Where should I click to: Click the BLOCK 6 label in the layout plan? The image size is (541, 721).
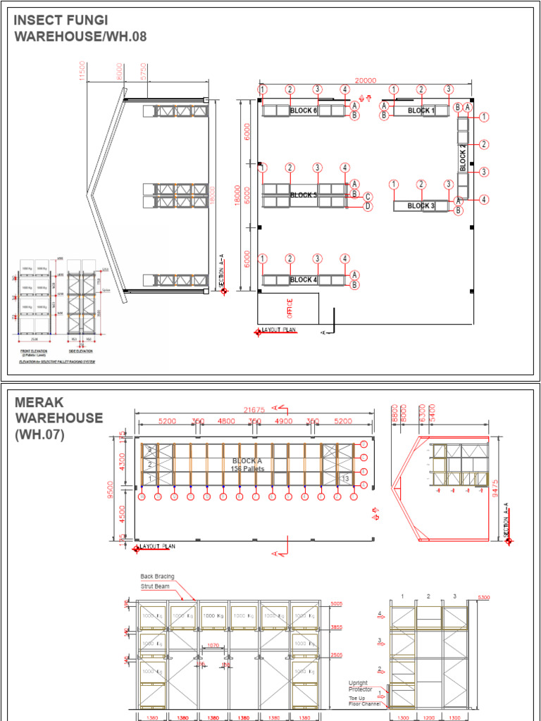click(x=304, y=111)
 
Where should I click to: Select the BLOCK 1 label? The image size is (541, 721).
click(x=421, y=111)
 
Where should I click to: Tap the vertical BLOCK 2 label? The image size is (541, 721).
click(x=463, y=158)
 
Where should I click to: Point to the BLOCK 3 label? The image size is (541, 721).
click(x=421, y=206)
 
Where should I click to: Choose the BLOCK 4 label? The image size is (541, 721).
click(x=304, y=280)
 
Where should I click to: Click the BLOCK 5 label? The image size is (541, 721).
click(x=304, y=195)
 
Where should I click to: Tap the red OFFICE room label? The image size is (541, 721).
click(x=289, y=308)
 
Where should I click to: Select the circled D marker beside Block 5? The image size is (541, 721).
click(x=368, y=206)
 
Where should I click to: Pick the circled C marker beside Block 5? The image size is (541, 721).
click(x=368, y=196)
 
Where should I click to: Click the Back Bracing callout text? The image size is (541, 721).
click(x=157, y=576)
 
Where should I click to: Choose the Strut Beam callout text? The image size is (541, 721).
click(x=154, y=586)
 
